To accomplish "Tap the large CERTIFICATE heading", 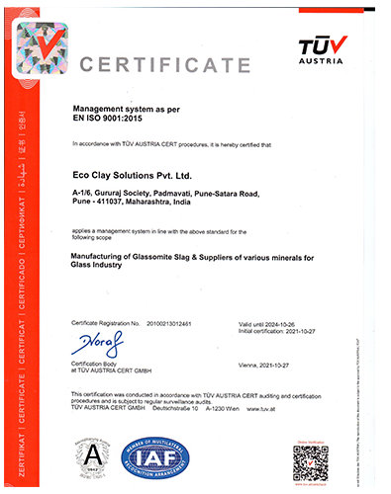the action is point(164,65).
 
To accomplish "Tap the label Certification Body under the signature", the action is point(95,363).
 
